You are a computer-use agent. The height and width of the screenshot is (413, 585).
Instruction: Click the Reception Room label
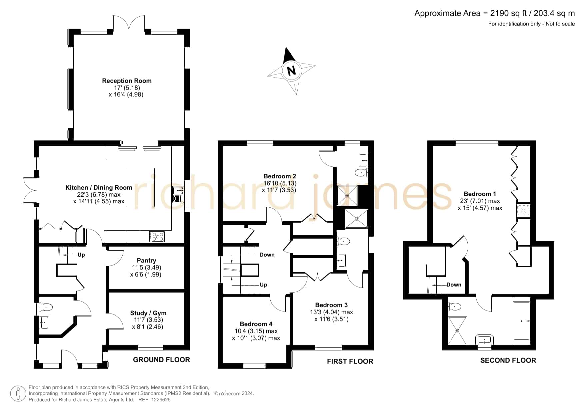[127, 81]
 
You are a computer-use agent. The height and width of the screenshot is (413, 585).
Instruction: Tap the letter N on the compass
[291, 71]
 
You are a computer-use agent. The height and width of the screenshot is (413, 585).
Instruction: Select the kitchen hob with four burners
[157, 237]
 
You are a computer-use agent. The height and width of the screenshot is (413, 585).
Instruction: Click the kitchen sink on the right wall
[178, 195]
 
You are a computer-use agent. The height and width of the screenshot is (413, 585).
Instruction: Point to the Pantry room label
[146, 261]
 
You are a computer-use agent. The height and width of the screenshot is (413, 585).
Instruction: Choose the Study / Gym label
[148, 313]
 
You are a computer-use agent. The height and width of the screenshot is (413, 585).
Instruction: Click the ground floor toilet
[46, 307]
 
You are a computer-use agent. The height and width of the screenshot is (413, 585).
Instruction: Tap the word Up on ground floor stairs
[81, 255]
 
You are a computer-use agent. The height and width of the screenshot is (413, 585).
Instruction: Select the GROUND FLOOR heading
[161, 360]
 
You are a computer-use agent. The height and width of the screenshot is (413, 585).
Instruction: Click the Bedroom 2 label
[280, 176]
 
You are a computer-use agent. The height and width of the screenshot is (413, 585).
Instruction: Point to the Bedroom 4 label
[256, 324]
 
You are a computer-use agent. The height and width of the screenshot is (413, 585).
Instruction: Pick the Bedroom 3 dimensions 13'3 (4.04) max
[331, 312]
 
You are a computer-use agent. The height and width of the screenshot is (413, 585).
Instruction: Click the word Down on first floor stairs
[267, 255]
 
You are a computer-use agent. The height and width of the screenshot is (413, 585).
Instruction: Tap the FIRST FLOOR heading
[350, 361]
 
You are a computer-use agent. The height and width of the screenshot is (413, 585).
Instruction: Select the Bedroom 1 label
[480, 194]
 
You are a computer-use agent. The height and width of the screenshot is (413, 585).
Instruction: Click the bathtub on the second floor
[522, 321]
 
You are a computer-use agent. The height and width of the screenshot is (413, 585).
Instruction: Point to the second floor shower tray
[458, 330]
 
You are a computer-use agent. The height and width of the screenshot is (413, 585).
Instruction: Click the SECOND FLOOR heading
[508, 360]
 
